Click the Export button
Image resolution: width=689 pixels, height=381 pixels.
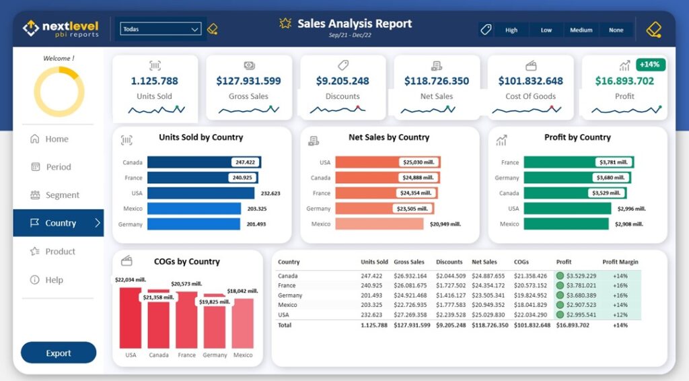pyautogui.click(x=59, y=353)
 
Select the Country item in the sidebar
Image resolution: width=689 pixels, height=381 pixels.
pyautogui.click(x=59, y=223)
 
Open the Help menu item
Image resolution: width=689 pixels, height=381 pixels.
pyautogui.click(x=54, y=280)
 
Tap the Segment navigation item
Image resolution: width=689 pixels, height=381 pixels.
pyautogui.click(x=62, y=195)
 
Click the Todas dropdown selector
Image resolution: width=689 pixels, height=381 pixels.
pyautogui.click(x=160, y=29)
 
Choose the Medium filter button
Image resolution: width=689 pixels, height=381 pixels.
pyautogui.click(x=581, y=30)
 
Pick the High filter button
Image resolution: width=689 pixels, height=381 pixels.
pyautogui.click(x=511, y=30)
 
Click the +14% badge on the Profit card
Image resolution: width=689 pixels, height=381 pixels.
pyautogui.click(x=651, y=65)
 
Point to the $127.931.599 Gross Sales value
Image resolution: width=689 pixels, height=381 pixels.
pyautogui.click(x=248, y=81)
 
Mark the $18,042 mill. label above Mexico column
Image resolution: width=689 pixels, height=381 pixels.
pyautogui.click(x=242, y=291)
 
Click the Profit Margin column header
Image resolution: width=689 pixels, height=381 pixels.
pyautogui.click(x=620, y=262)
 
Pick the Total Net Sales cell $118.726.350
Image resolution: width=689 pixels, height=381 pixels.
pyautogui.click(x=489, y=325)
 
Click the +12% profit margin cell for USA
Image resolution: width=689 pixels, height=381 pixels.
pyautogui.click(x=620, y=314)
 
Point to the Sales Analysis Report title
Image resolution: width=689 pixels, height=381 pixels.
pyautogui.click(x=355, y=24)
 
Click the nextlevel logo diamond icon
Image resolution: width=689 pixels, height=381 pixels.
pyautogui.click(x=31, y=28)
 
